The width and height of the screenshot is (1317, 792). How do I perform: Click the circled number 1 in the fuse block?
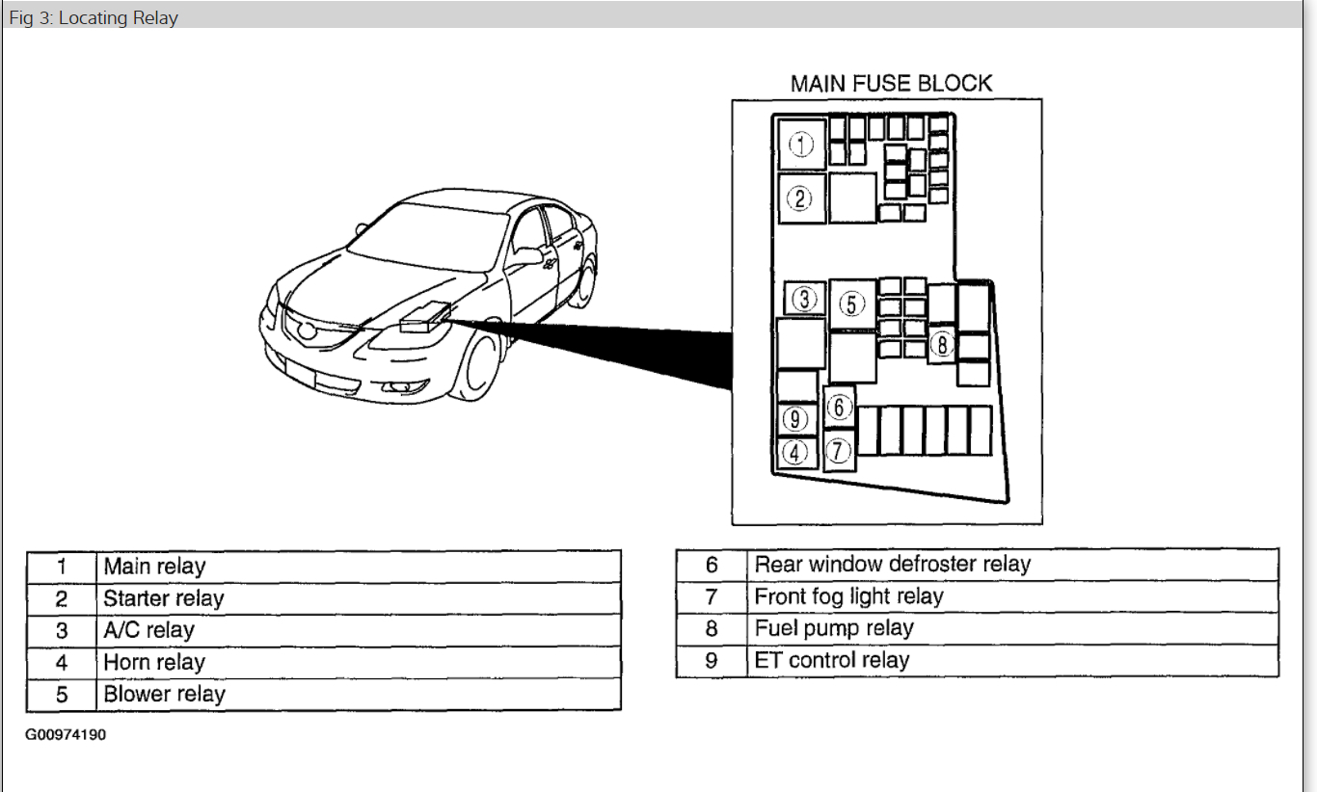(801, 145)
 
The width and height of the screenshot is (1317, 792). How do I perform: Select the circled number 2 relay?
(800, 199)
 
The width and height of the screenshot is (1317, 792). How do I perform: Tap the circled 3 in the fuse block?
(804, 299)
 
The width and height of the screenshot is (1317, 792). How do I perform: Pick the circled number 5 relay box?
(851, 304)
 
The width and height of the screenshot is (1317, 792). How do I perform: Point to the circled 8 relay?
(942, 344)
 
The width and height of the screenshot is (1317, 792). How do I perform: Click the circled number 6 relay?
(839, 407)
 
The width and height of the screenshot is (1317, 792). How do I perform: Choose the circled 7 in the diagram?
(839, 450)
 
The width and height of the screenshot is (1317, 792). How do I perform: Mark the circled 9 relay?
(795, 420)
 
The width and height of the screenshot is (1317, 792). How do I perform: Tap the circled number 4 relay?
(795, 452)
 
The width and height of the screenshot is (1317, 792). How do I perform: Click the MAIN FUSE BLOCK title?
(891, 84)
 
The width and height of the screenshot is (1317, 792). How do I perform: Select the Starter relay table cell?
(164, 598)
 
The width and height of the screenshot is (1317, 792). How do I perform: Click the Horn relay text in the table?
(154, 662)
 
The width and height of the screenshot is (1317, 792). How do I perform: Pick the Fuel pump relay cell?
(834, 628)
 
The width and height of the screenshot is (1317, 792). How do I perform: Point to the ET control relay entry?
(832, 660)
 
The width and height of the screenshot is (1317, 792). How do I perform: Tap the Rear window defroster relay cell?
(893, 565)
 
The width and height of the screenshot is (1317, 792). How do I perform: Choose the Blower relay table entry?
(164, 694)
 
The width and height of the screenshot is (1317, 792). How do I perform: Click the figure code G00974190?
(66, 735)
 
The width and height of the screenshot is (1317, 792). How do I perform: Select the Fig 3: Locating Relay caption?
(94, 17)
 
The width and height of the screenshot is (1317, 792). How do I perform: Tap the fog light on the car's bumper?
(399, 387)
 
